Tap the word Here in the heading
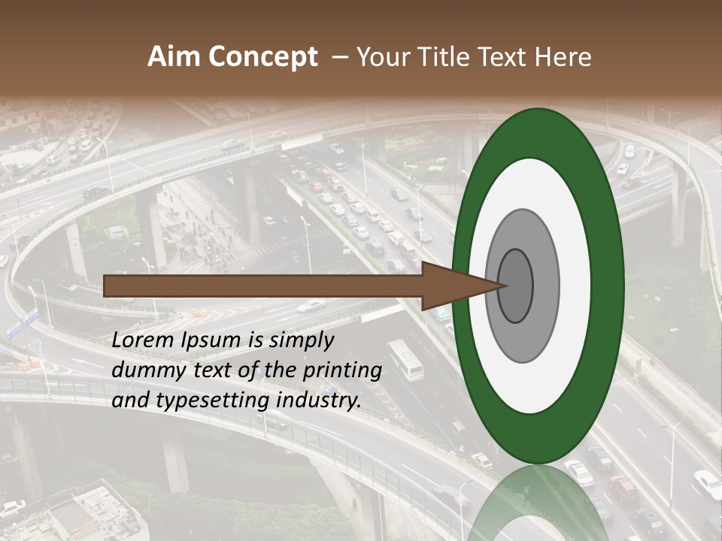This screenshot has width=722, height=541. [x=563, y=57]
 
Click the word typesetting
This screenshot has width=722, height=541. [x=212, y=400]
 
